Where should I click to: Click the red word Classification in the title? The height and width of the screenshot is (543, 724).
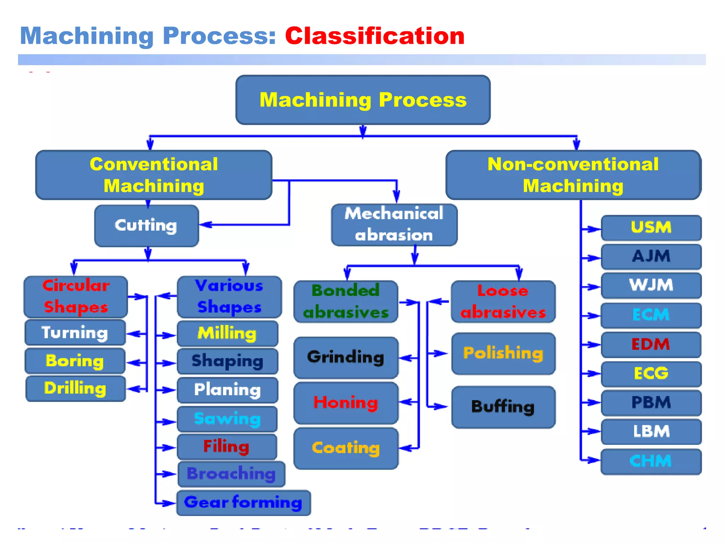pyautogui.click(x=374, y=36)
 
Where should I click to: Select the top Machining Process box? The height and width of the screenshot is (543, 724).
pyautogui.click(x=363, y=100)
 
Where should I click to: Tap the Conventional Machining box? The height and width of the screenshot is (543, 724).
pyautogui.click(x=154, y=175)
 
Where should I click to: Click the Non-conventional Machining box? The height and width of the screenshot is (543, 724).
pyautogui.click(x=573, y=175)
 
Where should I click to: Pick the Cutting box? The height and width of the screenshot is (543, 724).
pyautogui.click(x=146, y=226)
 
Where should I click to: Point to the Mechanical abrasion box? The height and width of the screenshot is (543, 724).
pyautogui.click(x=394, y=225)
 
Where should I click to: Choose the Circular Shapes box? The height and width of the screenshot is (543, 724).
pyautogui.click(x=76, y=297)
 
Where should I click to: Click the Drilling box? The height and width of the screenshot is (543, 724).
pyautogui.click(x=75, y=389)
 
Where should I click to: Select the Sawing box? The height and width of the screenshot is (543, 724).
pyautogui.click(x=227, y=419)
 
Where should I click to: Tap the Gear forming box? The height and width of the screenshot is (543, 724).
pyautogui.click(x=243, y=502)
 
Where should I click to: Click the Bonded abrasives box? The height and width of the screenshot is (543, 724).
pyautogui.click(x=346, y=302)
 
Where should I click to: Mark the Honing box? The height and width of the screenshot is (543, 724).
pyautogui.click(x=346, y=403)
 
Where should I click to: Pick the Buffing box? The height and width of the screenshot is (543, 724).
pyautogui.click(x=503, y=407)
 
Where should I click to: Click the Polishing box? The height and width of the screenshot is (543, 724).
pyautogui.click(x=503, y=353)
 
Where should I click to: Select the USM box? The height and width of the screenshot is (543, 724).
pyautogui.click(x=651, y=228)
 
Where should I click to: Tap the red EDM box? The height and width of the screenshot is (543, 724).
pyautogui.click(x=651, y=344)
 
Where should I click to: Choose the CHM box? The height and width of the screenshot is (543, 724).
pyautogui.click(x=651, y=461)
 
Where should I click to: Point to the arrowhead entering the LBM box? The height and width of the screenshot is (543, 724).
pyautogui.click(x=596, y=431)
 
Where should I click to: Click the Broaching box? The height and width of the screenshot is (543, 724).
pyautogui.click(x=231, y=474)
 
